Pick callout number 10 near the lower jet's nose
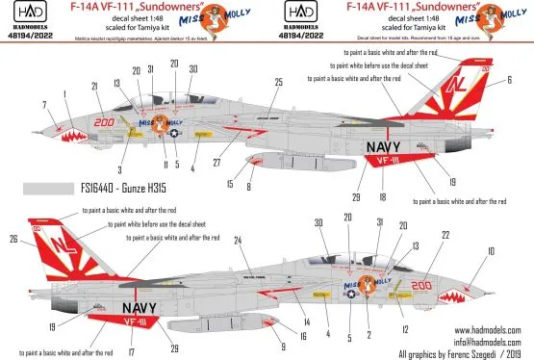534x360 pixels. tap(493, 251)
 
